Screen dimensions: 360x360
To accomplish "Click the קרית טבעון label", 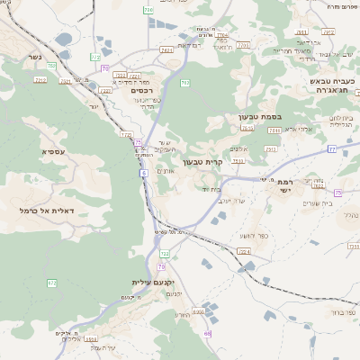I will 201,162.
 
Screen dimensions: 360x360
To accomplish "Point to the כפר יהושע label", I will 231,236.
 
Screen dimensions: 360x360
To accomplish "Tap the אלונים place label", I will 238,148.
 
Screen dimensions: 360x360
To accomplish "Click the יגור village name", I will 93,106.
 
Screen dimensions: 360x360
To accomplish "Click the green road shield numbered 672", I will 51,283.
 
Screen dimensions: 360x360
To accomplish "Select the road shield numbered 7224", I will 244,252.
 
